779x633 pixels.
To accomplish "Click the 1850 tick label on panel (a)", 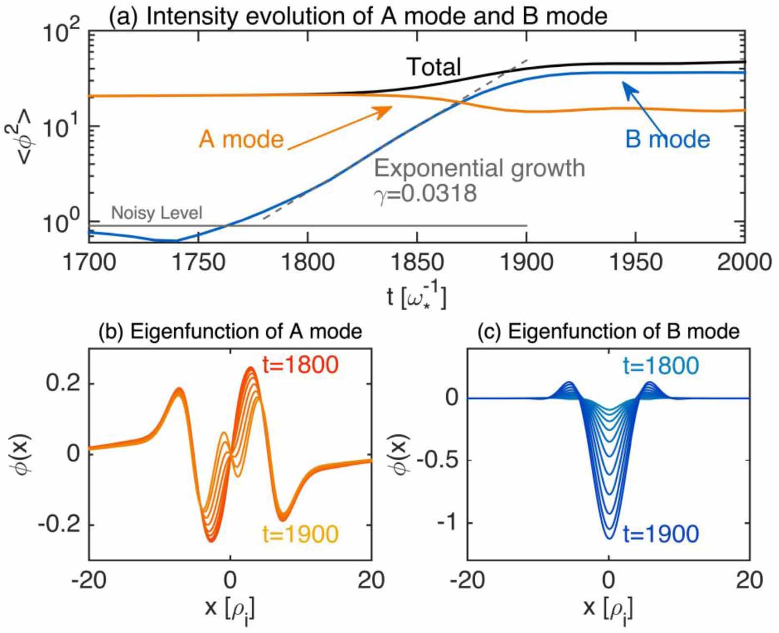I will point(417,262).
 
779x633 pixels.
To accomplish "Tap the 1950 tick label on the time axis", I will point(636,262).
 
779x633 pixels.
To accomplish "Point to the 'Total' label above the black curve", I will point(433,67).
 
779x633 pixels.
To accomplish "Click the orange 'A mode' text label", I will point(241,140).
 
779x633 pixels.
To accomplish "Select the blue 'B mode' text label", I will point(668,139).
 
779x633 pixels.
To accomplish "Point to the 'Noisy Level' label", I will point(156,213).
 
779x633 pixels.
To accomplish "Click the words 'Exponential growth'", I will point(479,168).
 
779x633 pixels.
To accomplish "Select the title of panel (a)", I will point(358,16).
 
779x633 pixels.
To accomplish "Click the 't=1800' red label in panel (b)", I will point(300,365).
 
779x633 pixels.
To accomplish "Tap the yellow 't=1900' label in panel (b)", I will point(300,534).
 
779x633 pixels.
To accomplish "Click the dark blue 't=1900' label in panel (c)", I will point(661,534).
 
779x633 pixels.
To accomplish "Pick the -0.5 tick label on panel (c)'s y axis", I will point(438,460).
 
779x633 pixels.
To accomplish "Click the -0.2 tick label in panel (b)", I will point(58,525).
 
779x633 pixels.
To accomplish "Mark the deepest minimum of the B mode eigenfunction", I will point(609,538).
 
